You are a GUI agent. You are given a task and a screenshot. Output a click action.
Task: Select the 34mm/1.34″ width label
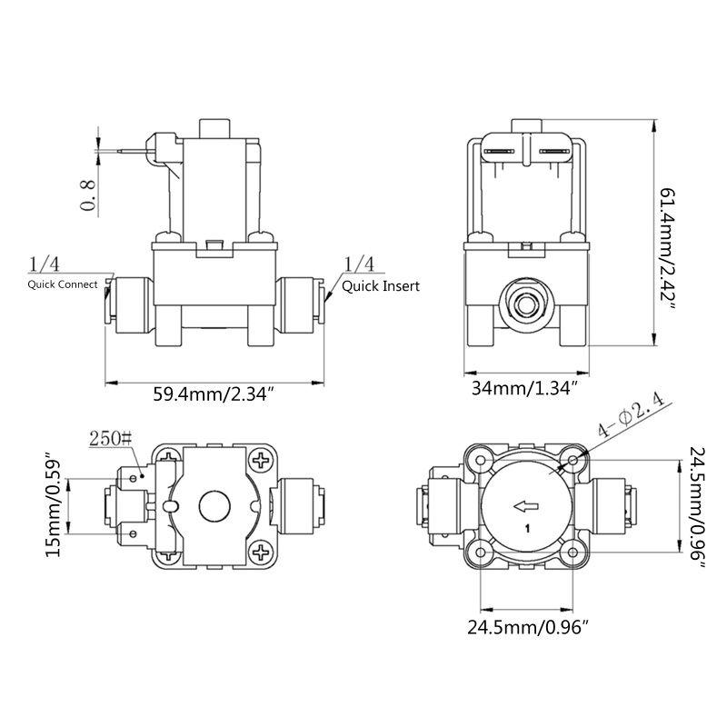(x=524, y=389)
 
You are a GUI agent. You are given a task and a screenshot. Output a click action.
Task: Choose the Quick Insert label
(x=381, y=285)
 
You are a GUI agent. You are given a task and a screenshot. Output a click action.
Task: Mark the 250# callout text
(x=109, y=440)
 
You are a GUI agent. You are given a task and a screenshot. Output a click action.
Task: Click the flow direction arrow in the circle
(x=524, y=506)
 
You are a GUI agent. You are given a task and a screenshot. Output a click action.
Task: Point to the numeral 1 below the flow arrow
(x=528, y=527)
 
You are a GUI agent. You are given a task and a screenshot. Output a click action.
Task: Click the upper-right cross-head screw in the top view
(x=263, y=462)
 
